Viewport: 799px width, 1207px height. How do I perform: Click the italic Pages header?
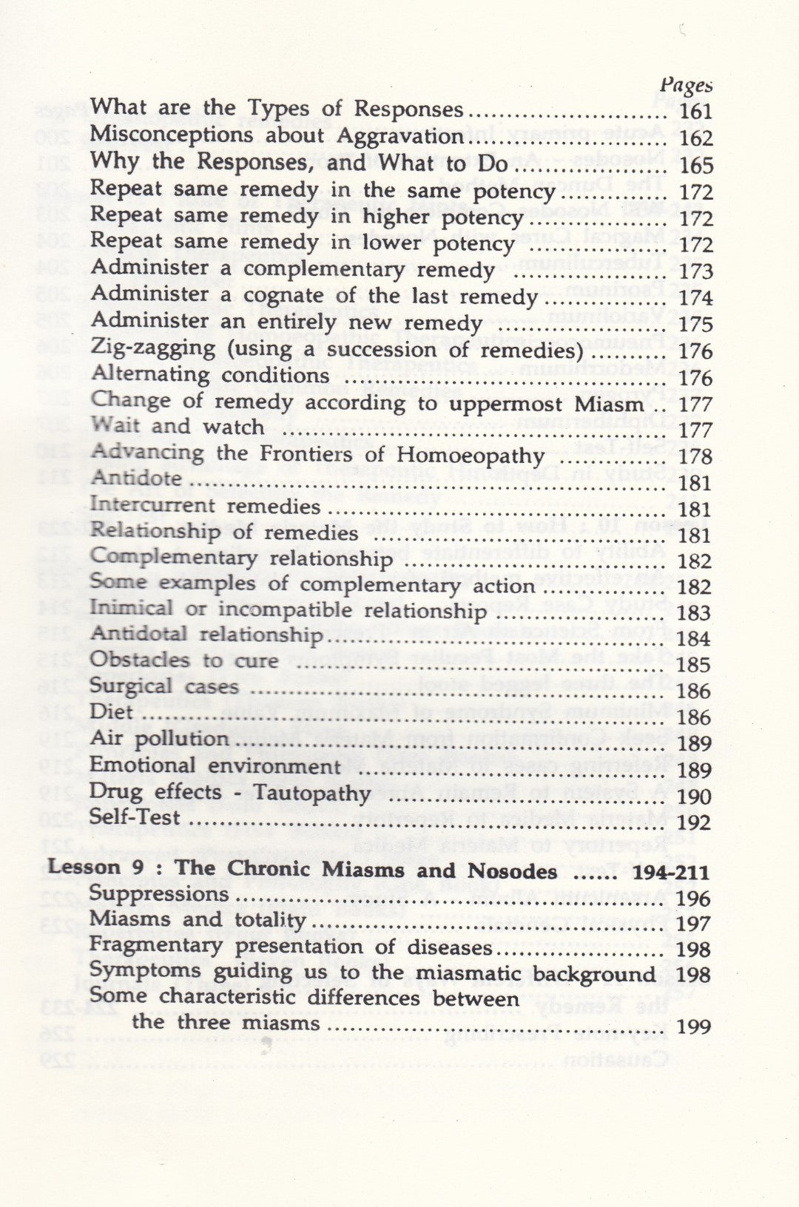click(686, 87)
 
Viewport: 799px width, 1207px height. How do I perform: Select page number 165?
click(695, 165)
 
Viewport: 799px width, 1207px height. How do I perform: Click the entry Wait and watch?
click(177, 427)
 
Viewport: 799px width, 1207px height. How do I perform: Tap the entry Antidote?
click(135, 479)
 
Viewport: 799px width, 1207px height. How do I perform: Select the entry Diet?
click(111, 713)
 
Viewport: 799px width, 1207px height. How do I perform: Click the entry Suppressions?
click(159, 894)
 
